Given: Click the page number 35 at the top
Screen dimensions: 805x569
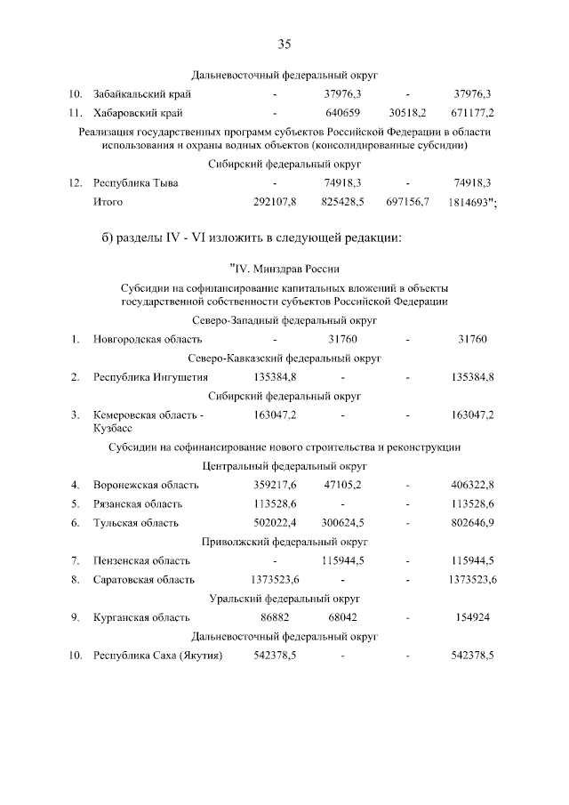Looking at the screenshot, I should (x=284, y=44).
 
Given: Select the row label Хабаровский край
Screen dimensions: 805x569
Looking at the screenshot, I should (x=138, y=114).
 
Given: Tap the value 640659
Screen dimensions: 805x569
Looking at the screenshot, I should (x=342, y=114).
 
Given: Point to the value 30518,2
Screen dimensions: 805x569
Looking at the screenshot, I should (x=407, y=114).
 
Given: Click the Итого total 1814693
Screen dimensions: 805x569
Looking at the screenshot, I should (x=471, y=203).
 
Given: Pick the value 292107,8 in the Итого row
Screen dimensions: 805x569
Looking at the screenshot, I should (x=275, y=203).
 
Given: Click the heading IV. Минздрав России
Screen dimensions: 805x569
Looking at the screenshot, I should (x=284, y=267).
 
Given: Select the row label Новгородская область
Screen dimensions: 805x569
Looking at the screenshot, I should (x=148, y=339).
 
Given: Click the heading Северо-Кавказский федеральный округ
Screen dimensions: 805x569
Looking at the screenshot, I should (x=284, y=358).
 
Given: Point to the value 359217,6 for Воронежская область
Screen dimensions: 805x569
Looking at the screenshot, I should (x=275, y=485).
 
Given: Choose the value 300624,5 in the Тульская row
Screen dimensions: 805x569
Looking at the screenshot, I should (x=342, y=522).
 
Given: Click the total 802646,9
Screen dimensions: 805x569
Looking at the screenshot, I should (x=473, y=522).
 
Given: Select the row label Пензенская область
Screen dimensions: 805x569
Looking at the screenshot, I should (x=141, y=560).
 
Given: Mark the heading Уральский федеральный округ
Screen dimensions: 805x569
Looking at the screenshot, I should (x=284, y=599).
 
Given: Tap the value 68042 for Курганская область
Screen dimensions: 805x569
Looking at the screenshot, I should (x=342, y=617).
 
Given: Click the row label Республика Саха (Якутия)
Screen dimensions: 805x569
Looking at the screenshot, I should (x=157, y=656).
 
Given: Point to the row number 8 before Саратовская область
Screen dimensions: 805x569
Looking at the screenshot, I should (x=76, y=579).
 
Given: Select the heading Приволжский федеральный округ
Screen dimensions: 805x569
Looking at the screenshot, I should (x=284, y=542).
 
